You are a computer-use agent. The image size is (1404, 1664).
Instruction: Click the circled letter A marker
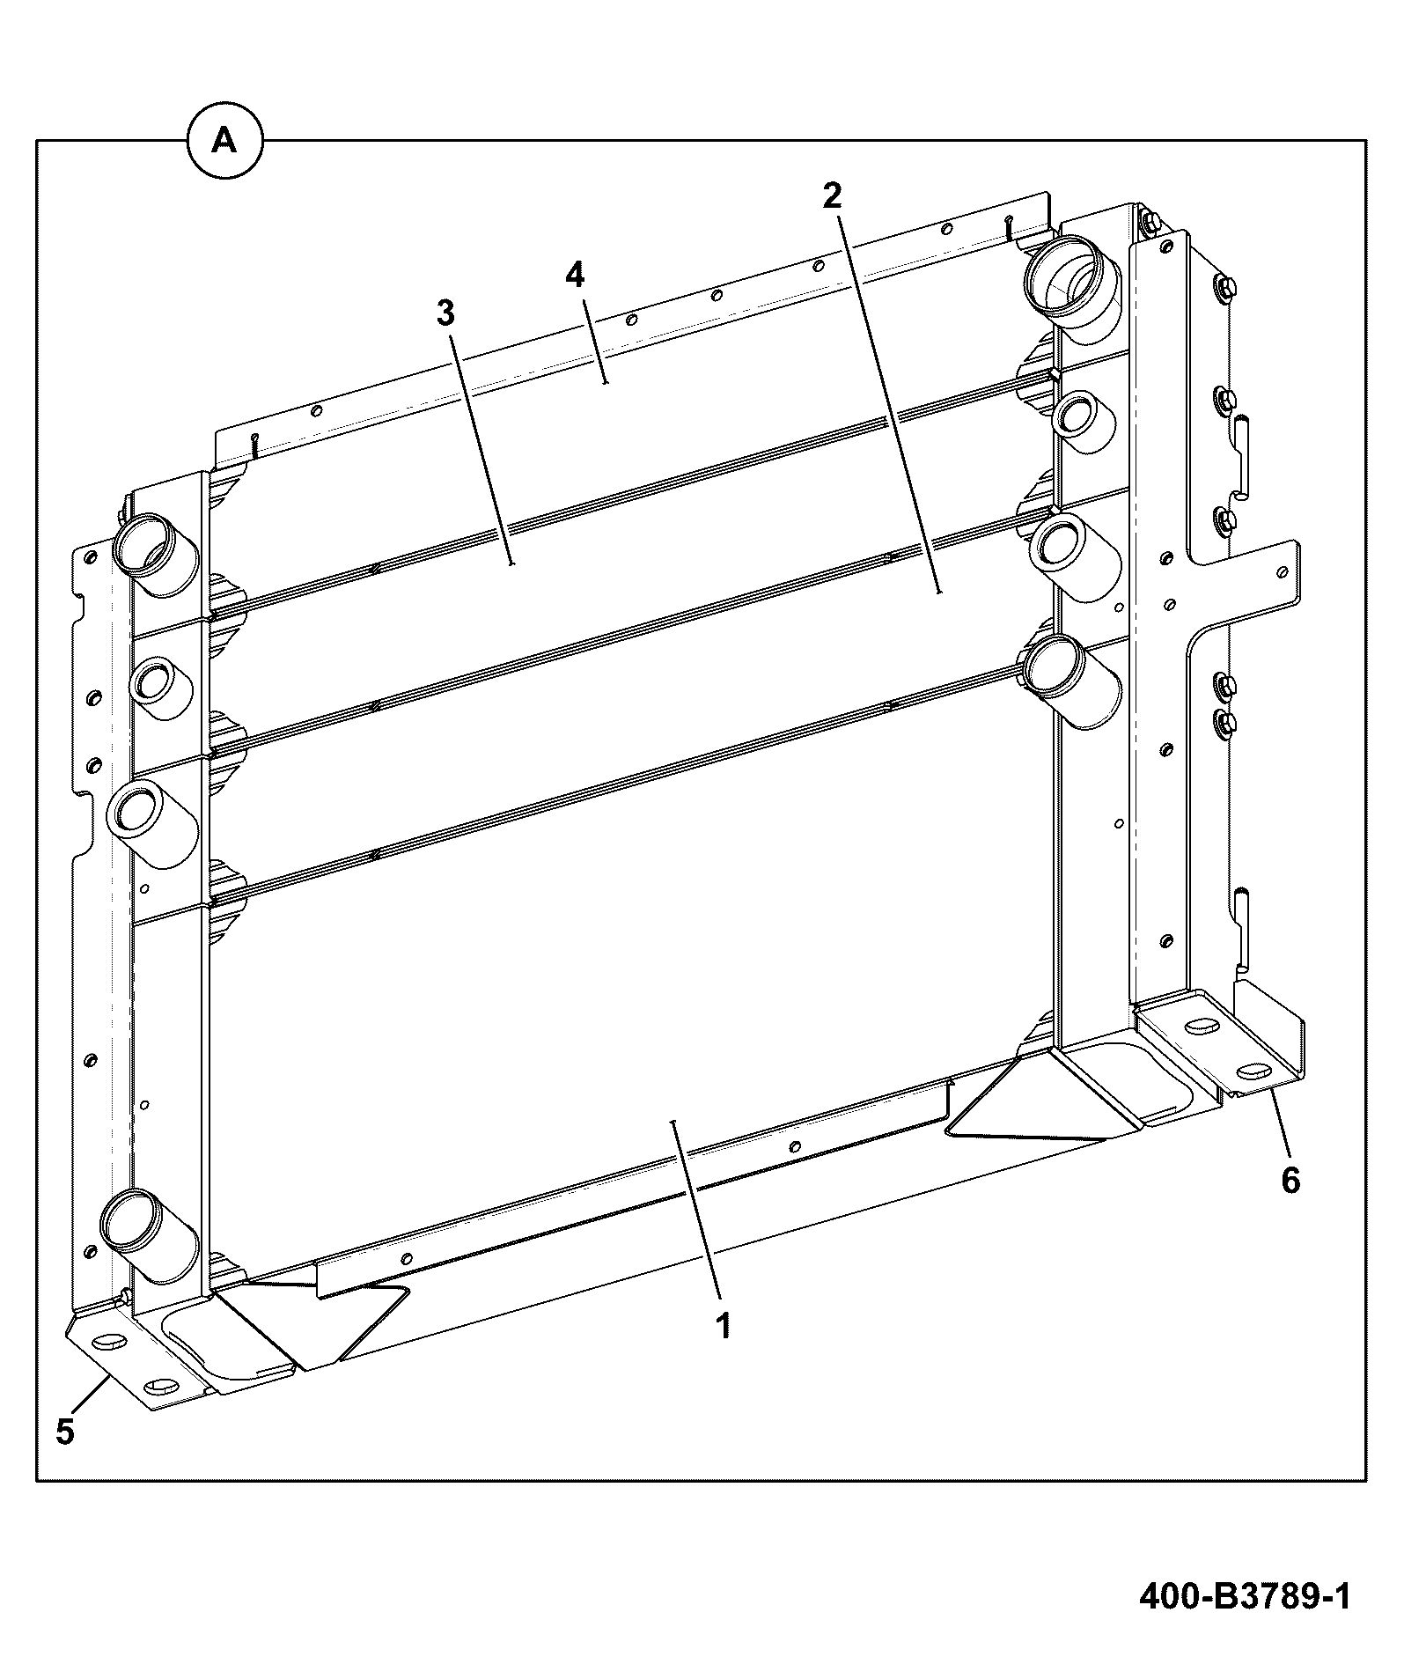click(x=225, y=140)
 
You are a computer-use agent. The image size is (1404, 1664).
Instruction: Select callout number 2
click(x=832, y=195)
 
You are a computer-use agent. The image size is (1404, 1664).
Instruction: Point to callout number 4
click(x=574, y=275)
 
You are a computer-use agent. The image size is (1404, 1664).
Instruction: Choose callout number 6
click(x=1290, y=1181)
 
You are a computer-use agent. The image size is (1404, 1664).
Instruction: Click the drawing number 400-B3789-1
click(x=1245, y=1597)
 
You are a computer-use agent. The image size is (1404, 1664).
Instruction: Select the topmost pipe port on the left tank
click(x=153, y=556)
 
